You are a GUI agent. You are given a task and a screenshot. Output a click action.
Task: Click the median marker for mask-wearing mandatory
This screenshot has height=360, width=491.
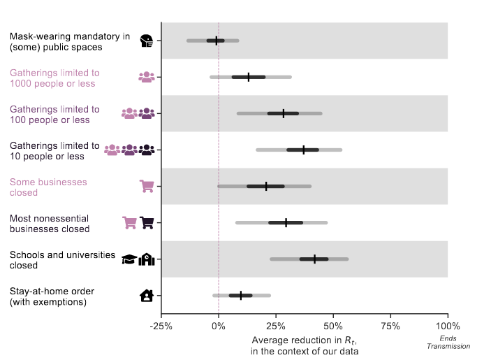(217, 41)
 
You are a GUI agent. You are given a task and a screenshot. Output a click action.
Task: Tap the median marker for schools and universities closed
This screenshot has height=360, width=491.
(314, 259)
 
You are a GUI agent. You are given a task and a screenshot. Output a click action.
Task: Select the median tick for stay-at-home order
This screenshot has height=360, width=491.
(241, 295)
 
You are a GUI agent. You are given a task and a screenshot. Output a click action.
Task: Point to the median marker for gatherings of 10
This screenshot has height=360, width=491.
(304, 150)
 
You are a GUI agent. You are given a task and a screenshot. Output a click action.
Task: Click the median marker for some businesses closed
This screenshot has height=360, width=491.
(266, 186)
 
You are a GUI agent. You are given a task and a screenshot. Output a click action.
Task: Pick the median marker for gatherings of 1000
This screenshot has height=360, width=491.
(248, 77)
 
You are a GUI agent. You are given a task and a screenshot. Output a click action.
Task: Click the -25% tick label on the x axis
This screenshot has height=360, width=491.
(161, 326)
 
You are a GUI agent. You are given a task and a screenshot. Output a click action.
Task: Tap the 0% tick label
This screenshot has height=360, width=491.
(219, 326)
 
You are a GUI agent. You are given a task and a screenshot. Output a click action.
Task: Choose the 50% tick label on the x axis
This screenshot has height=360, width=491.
(333, 326)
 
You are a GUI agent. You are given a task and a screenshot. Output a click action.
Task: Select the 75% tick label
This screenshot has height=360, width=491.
(390, 326)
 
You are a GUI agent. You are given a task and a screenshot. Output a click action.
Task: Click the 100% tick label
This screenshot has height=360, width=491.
(447, 326)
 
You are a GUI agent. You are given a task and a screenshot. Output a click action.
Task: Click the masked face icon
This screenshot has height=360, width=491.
(147, 41)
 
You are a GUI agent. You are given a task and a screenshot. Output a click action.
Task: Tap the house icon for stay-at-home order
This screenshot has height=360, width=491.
(147, 295)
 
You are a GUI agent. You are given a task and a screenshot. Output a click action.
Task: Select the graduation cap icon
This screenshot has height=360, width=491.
(129, 259)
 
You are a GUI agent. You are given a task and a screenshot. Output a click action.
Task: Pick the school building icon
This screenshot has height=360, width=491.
(147, 259)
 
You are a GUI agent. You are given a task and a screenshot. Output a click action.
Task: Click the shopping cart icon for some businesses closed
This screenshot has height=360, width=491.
(147, 186)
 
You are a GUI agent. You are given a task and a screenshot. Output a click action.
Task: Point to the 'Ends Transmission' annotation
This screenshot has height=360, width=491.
(448, 343)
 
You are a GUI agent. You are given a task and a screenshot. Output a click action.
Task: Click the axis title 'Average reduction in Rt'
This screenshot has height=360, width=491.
(305, 345)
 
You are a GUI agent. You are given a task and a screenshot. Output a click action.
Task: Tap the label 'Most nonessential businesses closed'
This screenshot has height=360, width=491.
(50, 224)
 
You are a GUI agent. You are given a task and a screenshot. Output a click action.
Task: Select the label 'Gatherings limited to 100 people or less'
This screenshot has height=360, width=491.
(54, 115)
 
